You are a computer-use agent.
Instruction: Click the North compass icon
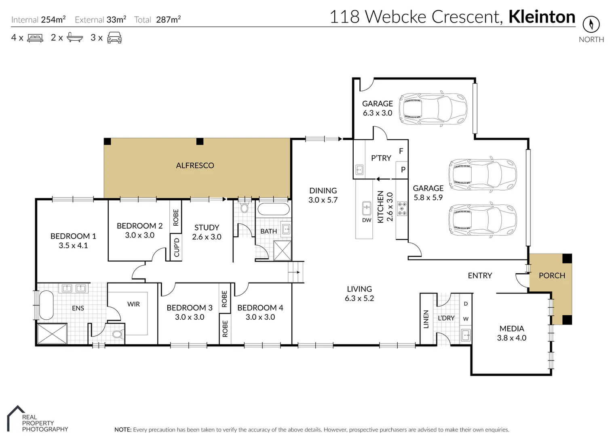pos(591,24)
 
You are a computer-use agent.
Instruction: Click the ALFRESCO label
pos(195,166)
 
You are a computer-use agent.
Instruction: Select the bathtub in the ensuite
pos(46,305)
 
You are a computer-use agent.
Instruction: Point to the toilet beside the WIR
pos(118,334)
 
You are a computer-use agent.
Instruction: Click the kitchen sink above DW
pos(367,209)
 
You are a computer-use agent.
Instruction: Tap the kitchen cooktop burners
pos(402,208)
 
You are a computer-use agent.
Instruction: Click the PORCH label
pos(552,275)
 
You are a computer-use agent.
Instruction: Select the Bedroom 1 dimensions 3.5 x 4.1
pos(73,245)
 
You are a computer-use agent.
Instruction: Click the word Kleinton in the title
pos(542,17)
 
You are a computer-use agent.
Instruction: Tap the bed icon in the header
pos(35,38)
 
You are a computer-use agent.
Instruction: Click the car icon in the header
pos(114,38)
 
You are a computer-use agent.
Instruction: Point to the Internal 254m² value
pos(53,19)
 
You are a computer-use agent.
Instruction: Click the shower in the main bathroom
pos(282,250)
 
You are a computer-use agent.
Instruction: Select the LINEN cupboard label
pos(426,319)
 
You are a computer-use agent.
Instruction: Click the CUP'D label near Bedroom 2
pos(176,247)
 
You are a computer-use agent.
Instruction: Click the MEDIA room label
pos(511,329)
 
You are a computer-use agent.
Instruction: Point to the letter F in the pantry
pos(401,151)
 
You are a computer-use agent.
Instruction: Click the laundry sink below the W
pos(466,335)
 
